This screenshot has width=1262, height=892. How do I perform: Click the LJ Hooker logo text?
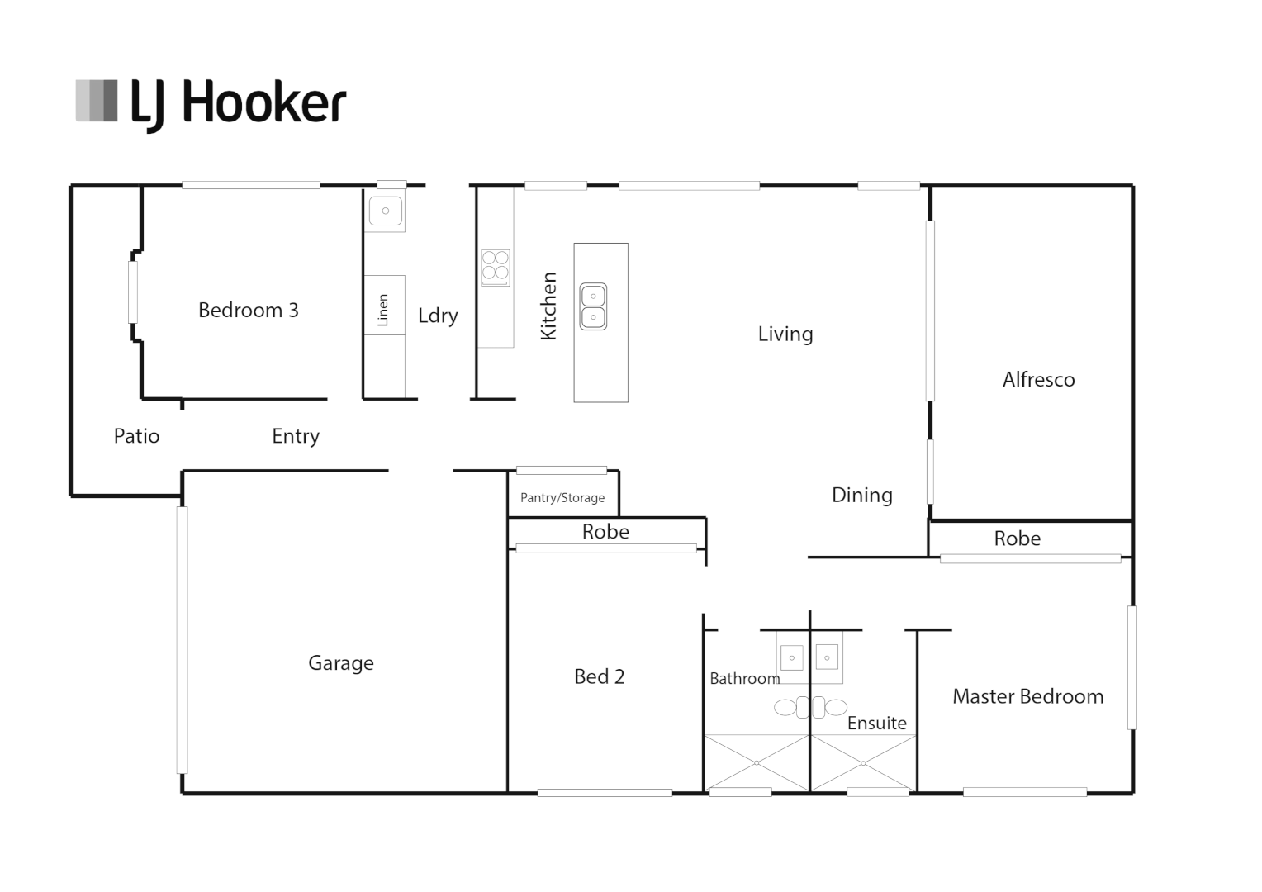coord(238,103)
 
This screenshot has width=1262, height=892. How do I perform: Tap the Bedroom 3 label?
coord(248,311)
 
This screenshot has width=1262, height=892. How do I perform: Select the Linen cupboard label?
coord(383,310)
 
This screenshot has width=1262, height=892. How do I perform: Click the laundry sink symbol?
coord(386,211)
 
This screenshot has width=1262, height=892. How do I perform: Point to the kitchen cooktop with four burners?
coord(496,266)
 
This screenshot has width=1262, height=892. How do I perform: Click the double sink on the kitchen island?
coord(593,306)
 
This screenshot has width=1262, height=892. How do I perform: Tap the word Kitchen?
coord(549,306)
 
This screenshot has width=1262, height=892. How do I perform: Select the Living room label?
coord(785,334)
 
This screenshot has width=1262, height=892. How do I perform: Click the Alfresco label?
coord(1038,380)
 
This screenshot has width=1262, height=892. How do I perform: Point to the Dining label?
coord(861,496)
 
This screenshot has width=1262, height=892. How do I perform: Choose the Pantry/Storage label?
coord(562,498)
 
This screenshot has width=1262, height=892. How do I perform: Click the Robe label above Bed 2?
coord(605,532)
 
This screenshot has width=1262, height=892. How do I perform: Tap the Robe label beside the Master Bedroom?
coord(1017,539)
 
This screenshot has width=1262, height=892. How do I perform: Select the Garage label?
coord(340,663)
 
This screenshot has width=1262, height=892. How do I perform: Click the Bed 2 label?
coord(599,676)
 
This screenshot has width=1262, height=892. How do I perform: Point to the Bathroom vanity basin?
coord(791,657)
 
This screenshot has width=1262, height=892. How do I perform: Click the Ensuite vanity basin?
coord(827,657)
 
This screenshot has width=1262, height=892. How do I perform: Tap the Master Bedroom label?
coord(1027,696)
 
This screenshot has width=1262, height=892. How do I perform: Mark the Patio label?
coord(136,436)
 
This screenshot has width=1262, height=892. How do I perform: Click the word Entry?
coord(296,436)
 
